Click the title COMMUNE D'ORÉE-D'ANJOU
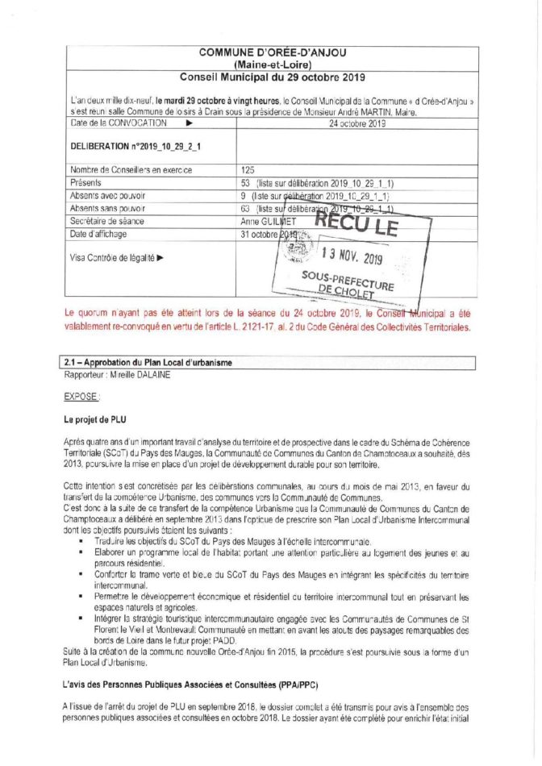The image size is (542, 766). [x=273, y=52]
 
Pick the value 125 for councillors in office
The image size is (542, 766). [x=248, y=170]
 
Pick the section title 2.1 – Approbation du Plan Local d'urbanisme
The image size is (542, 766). [x=148, y=362]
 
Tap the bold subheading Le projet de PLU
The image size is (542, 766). [x=95, y=420]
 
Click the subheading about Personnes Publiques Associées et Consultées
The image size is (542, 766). [x=192, y=684]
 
